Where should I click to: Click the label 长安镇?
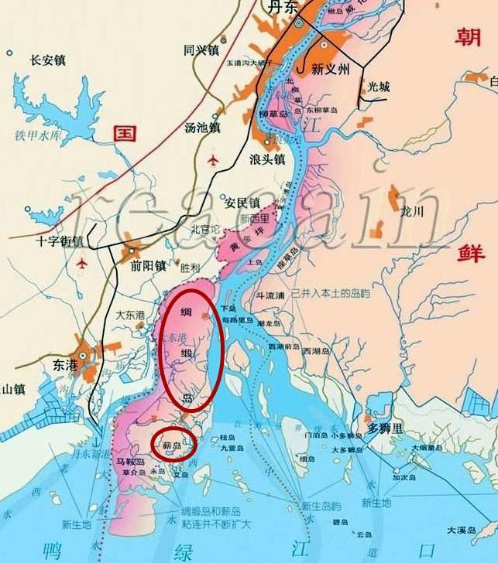click(x=47, y=60)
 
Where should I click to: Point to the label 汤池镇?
click(x=203, y=127)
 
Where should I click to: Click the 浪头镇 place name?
click(x=267, y=160)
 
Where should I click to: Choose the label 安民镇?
click(x=242, y=203)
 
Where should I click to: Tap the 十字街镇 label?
click(x=60, y=241)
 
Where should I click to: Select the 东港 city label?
click(x=66, y=363)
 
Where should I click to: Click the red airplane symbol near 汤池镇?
click(x=214, y=160)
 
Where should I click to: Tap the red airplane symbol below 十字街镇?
click(x=82, y=263)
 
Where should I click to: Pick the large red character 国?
click(x=124, y=132)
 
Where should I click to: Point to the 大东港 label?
click(x=130, y=315)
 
